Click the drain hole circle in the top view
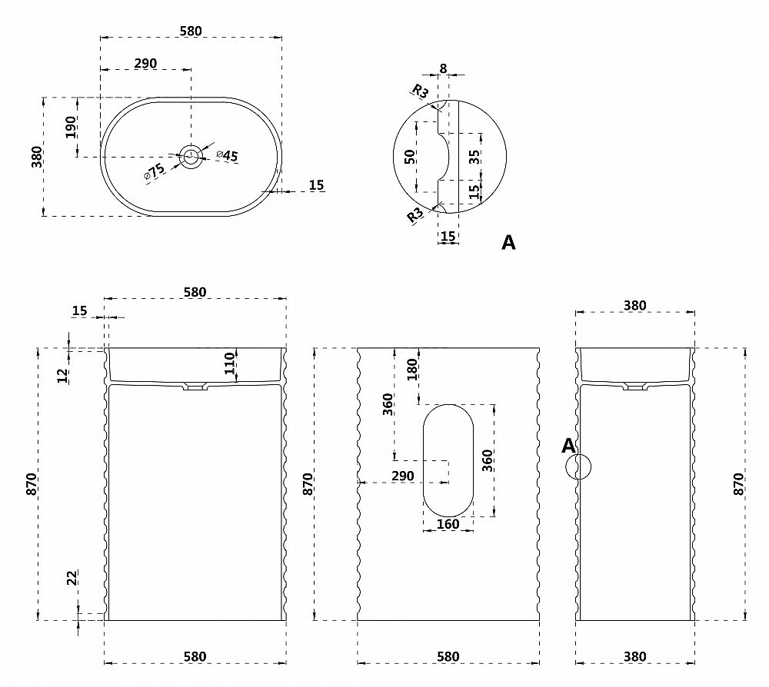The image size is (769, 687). pyautogui.click(x=191, y=157)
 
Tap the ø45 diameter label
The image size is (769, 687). pyautogui.click(x=228, y=155)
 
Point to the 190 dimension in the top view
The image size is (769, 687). pyautogui.click(x=71, y=127)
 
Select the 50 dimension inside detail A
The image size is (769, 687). pyautogui.click(x=411, y=157)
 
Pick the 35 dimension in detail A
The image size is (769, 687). pyautogui.click(x=474, y=157)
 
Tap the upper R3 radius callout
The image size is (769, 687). pyautogui.click(x=421, y=91)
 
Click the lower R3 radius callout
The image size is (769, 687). pyautogui.click(x=416, y=215)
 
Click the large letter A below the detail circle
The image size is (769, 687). pyautogui.click(x=508, y=243)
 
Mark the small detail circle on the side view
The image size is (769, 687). pyautogui.click(x=579, y=466)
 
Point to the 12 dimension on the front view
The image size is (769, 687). pyautogui.click(x=64, y=375)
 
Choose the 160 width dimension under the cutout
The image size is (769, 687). pyautogui.click(x=448, y=524)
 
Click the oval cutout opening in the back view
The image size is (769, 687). pyautogui.click(x=448, y=459)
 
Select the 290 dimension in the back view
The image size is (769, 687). pyautogui.click(x=402, y=476)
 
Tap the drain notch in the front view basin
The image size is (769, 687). pyautogui.click(x=195, y=387)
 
